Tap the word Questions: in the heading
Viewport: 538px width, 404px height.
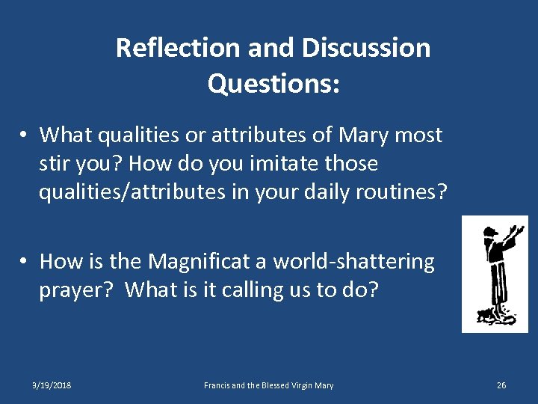click(273, 84)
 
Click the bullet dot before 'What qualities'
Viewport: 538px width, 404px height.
click(25, 135)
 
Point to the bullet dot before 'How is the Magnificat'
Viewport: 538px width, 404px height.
click(25, 262)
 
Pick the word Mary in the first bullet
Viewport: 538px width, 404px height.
click(364, 135)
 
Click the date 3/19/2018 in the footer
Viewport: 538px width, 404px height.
click(52, 385)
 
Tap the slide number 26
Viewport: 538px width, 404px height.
click(501, 385)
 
